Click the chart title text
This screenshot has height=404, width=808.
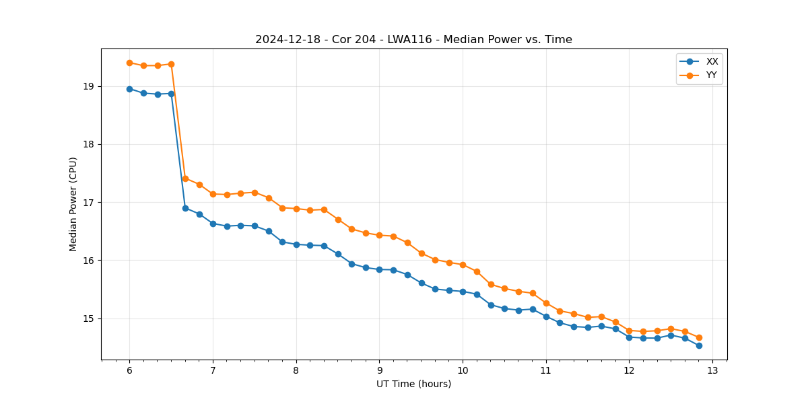click(x=413, y=40)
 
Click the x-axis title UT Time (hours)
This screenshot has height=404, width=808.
click(x=413, y=384)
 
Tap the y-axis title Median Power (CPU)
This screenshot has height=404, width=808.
click(x=73, y=204)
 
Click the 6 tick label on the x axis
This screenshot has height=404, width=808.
click(x=129, y=370)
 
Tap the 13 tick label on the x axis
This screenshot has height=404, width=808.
click(x=712, y=370)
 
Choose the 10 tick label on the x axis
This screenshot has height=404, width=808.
click(x=463, y=370)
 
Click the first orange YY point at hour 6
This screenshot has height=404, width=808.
click(x=129, y=63)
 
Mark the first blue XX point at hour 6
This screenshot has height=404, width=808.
click(x=129, y=89)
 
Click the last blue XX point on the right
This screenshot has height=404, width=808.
click(x=699, y=345)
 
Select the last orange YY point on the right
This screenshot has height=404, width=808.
click(x=699, y=337)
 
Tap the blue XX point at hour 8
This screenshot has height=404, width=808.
click(x=296, y=244)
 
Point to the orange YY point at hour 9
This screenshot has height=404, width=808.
click(x=379, y=235)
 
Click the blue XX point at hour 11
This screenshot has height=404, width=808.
click(x=546, y=316)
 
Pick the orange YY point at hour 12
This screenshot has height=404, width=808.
click(x=629, y=331)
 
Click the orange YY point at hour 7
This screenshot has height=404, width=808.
click(x=213, y=194)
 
